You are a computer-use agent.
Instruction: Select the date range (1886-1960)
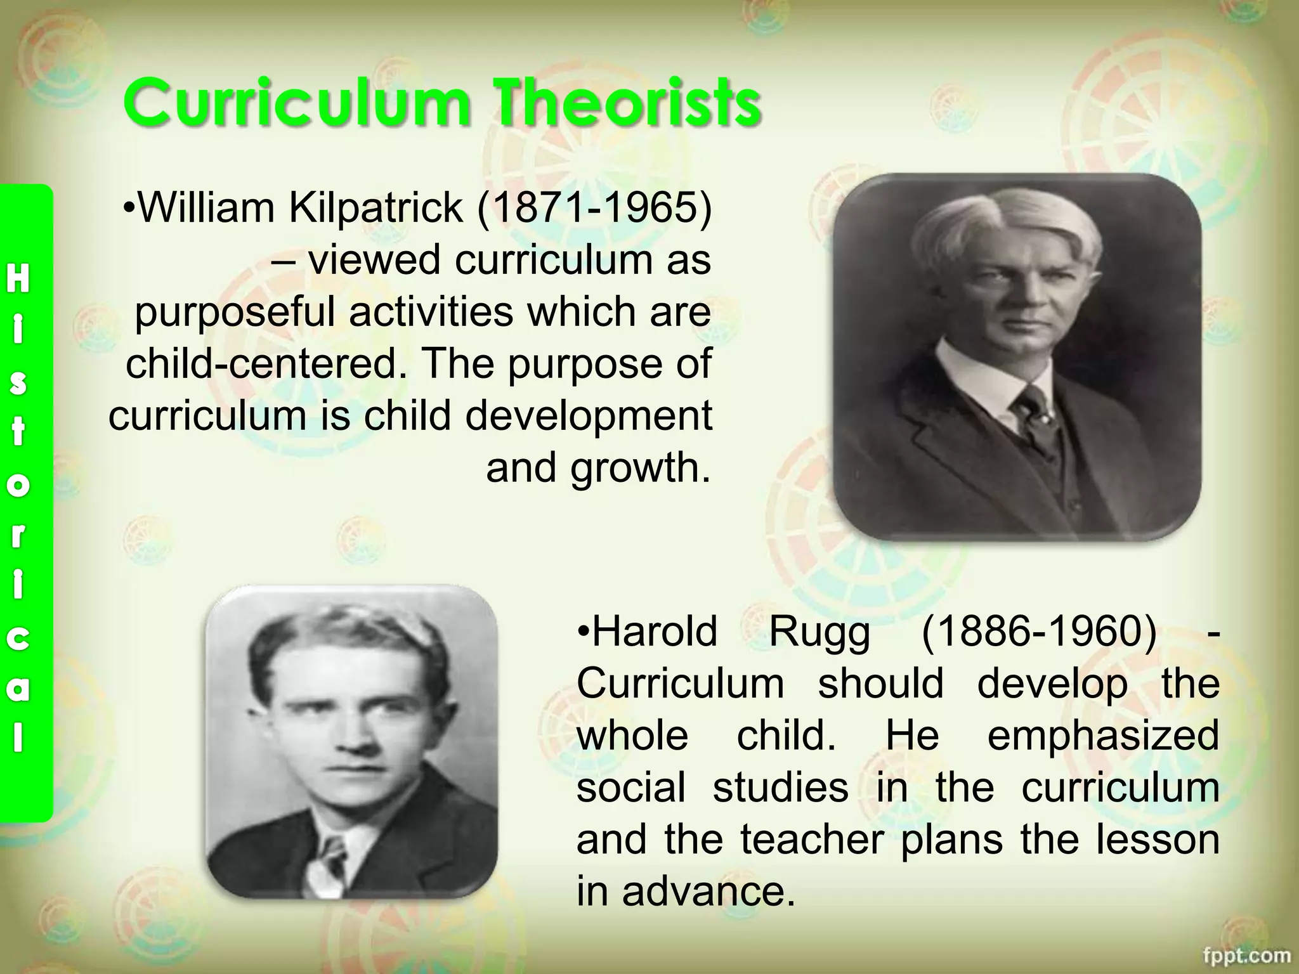(1038, 632)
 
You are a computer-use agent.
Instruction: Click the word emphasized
(1103, 736)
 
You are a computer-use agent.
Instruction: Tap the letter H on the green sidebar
(18, 279)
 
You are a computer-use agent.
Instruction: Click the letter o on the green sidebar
(18, 485)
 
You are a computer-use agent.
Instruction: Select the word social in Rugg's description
(631, 788)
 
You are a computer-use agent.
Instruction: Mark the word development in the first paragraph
(589, 416)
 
